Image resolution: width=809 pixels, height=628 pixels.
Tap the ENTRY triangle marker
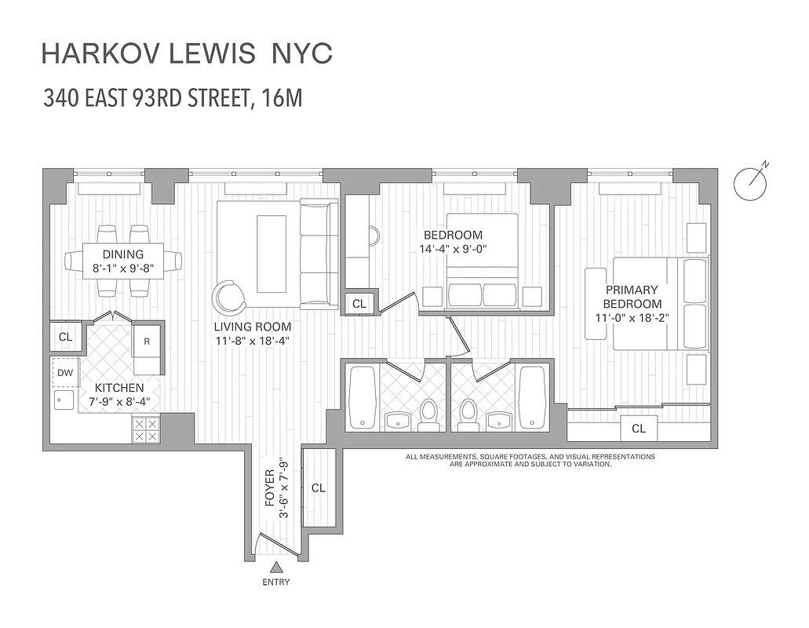[x=276, y=568]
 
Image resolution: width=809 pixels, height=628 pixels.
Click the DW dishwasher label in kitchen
[x=64, y=372]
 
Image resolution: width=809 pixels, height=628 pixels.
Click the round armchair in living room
[x=228, y=297]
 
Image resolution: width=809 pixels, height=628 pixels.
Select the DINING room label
[x=123, y=254]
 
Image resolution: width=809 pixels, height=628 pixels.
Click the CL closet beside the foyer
[x=318, y=487]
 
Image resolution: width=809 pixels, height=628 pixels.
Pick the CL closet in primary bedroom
[x=639, y=429]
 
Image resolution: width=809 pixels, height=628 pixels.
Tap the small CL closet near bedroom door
[x=359, y=303]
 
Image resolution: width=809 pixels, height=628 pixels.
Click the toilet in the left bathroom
[x=428, y=414]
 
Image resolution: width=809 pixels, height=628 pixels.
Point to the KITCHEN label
[x=119, y=388]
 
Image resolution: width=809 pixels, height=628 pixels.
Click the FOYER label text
[x=270, y=487]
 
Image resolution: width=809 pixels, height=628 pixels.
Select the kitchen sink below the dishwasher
[x=64, y=400]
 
